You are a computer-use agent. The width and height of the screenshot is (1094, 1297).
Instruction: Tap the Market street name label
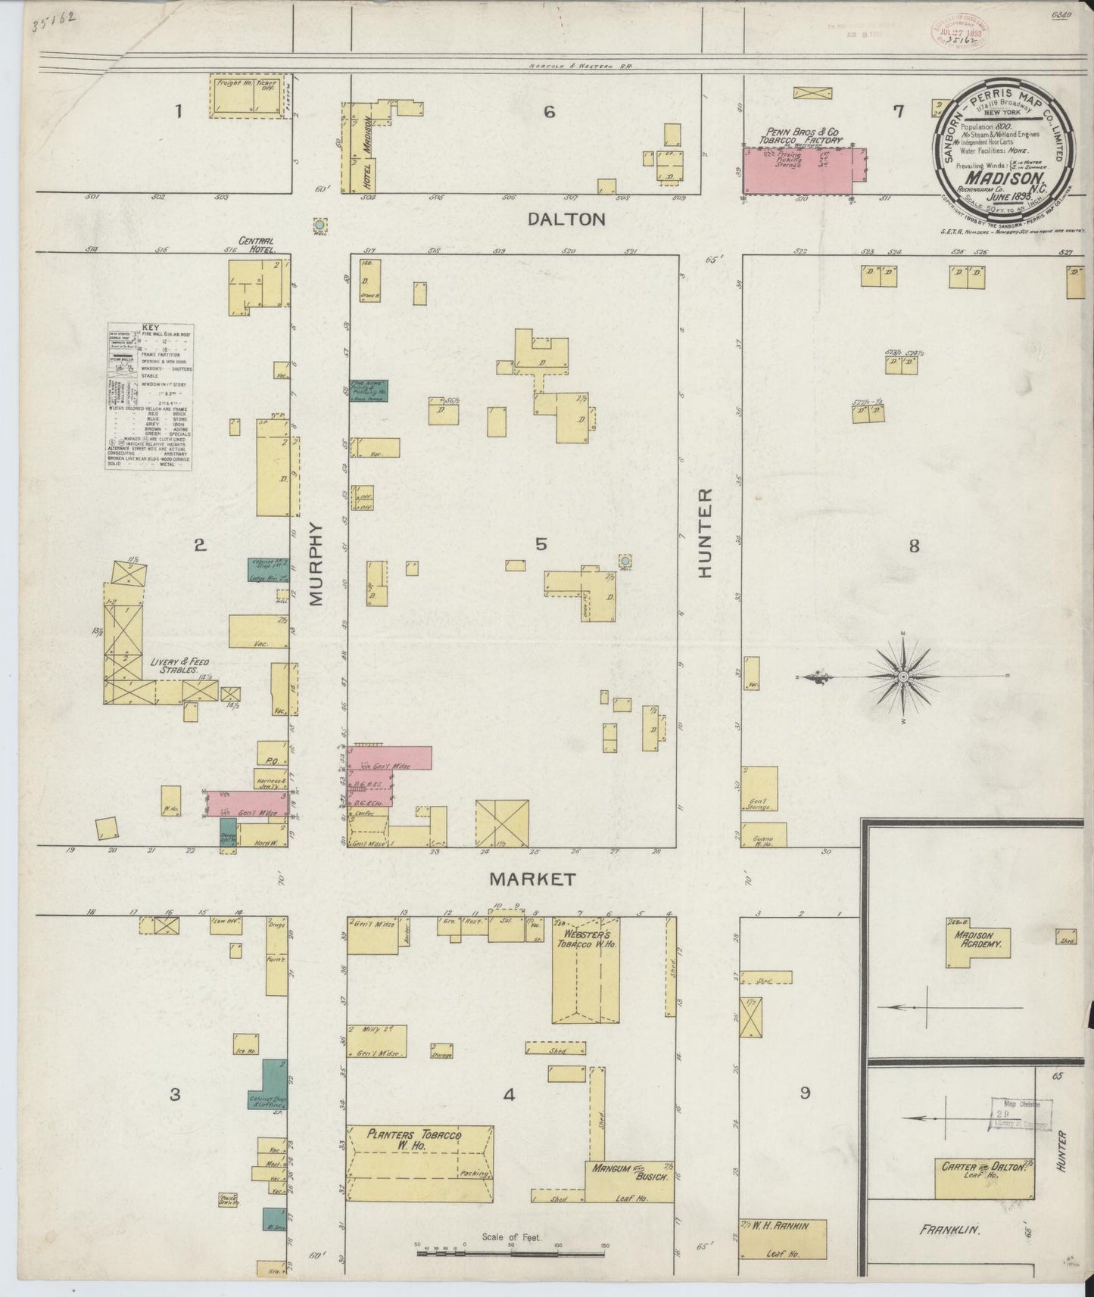click(x=532, y=879)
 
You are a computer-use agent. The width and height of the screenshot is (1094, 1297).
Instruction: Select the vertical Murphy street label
click(x=316, y=564)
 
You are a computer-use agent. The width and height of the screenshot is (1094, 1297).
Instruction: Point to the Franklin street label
click(x=950, y=1230)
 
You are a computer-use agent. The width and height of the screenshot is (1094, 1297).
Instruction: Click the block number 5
click(x=541, y=543)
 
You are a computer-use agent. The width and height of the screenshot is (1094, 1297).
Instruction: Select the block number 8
click(x=914, y=545)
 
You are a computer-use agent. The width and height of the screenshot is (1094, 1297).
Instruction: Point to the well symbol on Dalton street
click(x=320, y=225)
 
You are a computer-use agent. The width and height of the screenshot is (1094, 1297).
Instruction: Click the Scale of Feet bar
click(x=511, y=1253)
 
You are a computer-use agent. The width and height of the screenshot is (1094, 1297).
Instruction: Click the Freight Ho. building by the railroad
click(x=235, y=97)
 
